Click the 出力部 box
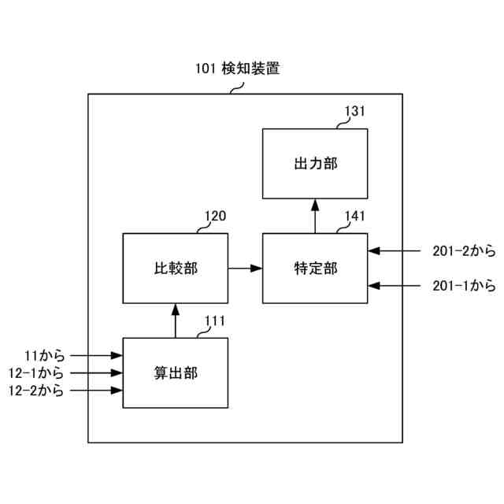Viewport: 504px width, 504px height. click(315, 163)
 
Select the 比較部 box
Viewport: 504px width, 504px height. click(175, 269)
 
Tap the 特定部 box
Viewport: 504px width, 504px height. click(315, 269)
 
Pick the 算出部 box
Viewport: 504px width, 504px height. click(175, 372)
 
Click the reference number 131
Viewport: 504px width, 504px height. click(354, 111)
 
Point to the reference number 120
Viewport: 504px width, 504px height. click(215, 217)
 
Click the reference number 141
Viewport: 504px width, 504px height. click(354, 217)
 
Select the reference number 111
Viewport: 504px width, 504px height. click(215, 321)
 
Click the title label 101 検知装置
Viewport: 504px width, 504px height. click(237, 69)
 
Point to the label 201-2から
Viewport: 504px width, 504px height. click(464, 252)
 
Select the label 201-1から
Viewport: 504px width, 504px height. click(464, 285)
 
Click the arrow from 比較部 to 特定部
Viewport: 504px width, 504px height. click(245, 269)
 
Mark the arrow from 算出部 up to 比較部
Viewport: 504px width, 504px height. click(175, 321)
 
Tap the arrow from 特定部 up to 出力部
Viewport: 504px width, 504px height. click(315, 216)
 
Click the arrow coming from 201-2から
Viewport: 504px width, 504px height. click(398, 252)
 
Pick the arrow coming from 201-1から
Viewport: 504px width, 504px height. click(398, 285)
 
